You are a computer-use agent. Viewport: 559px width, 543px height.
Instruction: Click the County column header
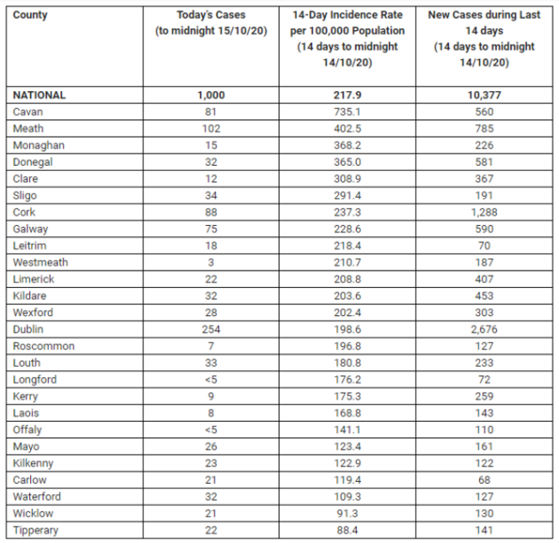pos(30,15)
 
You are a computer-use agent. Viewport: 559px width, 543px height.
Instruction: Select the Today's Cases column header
pos(211,23)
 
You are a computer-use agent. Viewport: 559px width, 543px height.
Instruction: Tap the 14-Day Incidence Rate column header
pos(347,40)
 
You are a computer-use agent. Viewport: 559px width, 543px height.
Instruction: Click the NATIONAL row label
pos(39,95)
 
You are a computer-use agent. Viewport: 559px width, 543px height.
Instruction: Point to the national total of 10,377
pos(484,95)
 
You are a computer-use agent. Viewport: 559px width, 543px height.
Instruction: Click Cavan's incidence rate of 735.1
pos(347,112)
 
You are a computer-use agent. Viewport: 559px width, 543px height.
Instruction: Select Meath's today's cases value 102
pos(211,129)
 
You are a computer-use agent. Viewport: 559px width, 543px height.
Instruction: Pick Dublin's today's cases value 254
pos(211,330)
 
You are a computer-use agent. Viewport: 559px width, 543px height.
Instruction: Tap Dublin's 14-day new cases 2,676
pos(484,330)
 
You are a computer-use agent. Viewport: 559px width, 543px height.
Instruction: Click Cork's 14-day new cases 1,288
pos(484,212)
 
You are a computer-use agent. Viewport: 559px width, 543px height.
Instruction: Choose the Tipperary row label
pos(37,530)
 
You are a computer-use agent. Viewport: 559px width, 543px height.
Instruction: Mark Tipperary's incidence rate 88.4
pos(347,530)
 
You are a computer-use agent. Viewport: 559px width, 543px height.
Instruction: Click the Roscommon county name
pos(44,346)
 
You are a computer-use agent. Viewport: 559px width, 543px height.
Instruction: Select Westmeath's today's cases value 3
pos(211,263)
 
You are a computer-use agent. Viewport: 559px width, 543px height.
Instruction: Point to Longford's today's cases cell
pos(211,380)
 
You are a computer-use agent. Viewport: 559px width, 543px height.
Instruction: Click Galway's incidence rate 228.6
pos(347,229)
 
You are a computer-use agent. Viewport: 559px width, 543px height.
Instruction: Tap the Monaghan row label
pos(39,145)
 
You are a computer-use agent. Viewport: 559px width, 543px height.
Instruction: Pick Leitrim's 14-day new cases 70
pos(484,246)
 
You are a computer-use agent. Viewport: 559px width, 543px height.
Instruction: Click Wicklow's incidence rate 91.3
pos(347,514)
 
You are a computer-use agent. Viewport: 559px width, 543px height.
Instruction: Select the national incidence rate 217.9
pos(347,95)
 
